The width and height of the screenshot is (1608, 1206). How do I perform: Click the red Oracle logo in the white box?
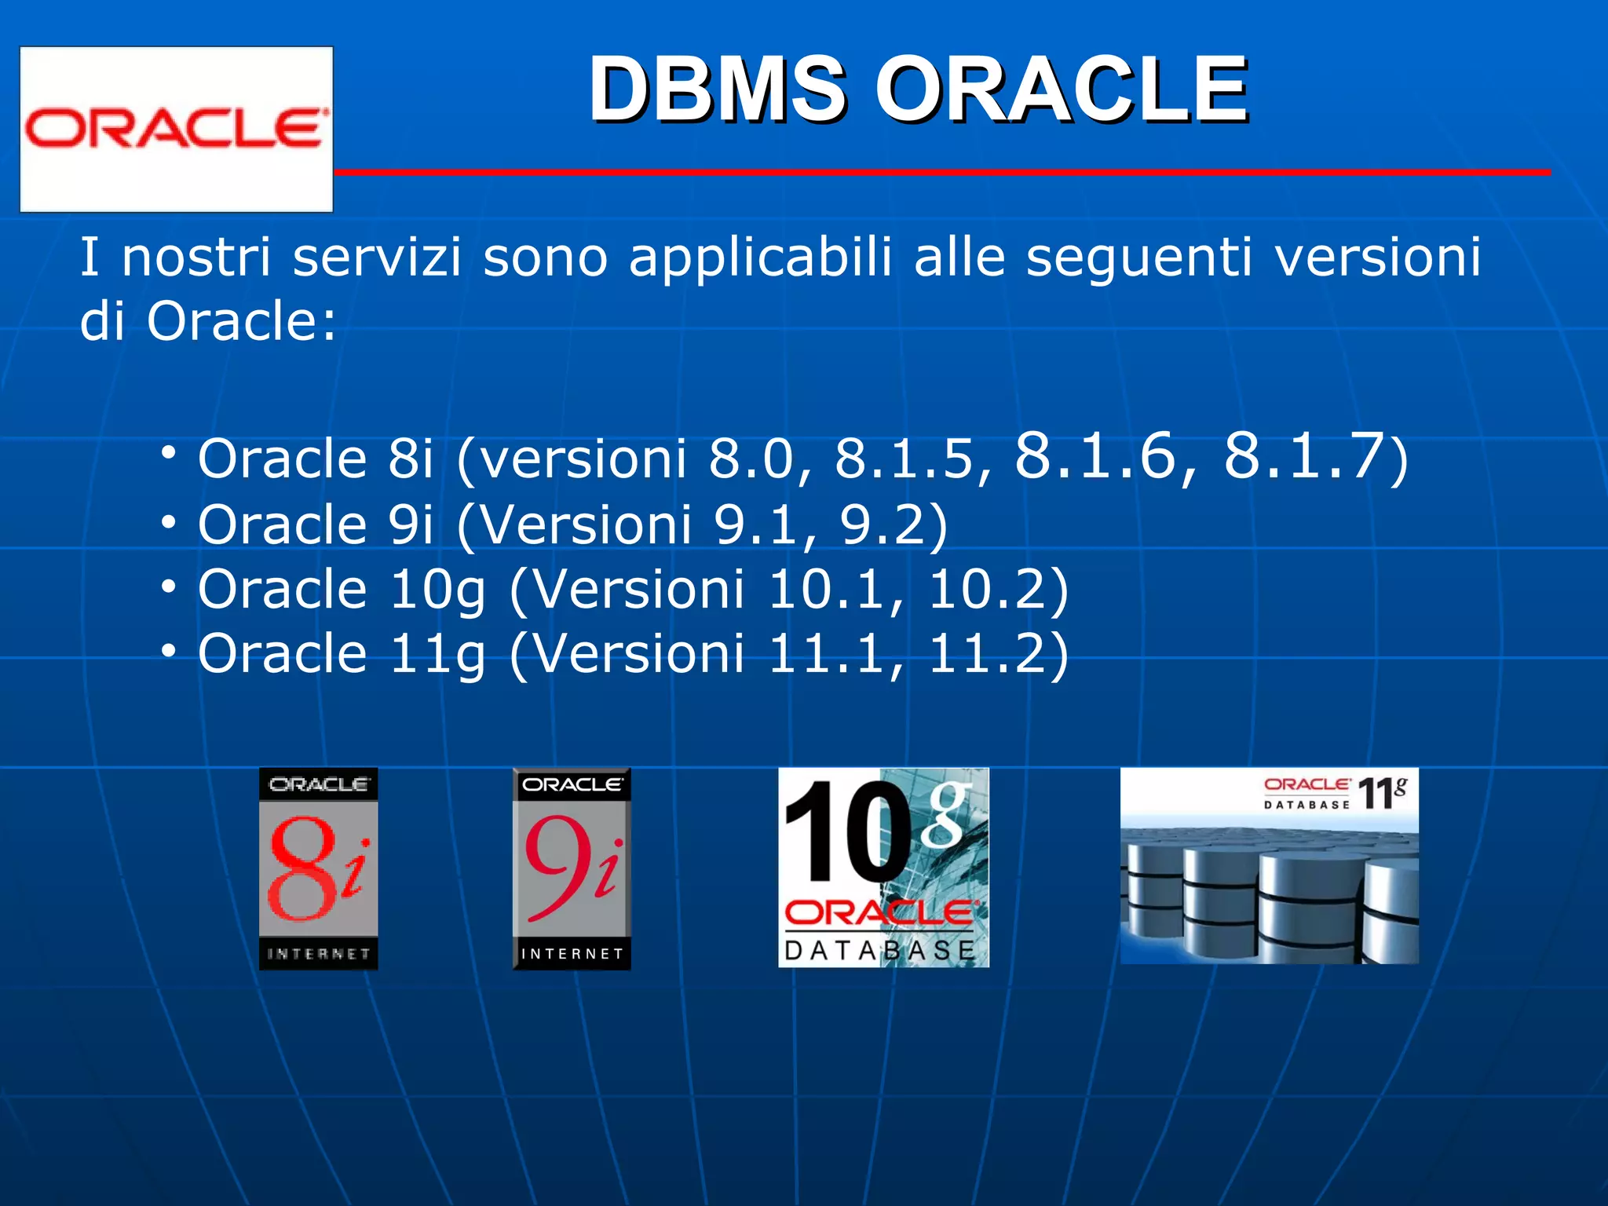(174, 129)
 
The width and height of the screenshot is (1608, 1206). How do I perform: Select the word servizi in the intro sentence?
(377, 258)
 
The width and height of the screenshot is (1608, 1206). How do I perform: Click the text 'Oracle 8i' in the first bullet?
(315, 459)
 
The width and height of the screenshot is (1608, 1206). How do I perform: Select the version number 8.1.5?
(904, 459)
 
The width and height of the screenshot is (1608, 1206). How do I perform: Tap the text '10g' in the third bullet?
(437, 590)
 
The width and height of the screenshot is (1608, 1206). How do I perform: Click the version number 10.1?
(825, 590)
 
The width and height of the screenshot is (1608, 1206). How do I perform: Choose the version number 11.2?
(986, 654)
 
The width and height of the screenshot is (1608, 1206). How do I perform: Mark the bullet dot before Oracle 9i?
(168, 521)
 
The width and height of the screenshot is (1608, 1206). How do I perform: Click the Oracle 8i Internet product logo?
(318, 868)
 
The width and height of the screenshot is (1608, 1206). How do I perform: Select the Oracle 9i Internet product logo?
(572, 868)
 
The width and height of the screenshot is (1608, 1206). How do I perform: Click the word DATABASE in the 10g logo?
(879, 951)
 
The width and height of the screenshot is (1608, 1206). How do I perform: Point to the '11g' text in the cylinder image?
(1382, 792)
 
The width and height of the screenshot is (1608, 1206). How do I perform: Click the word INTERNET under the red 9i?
(572, 954)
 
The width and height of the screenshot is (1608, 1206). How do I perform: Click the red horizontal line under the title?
(942, 171)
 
